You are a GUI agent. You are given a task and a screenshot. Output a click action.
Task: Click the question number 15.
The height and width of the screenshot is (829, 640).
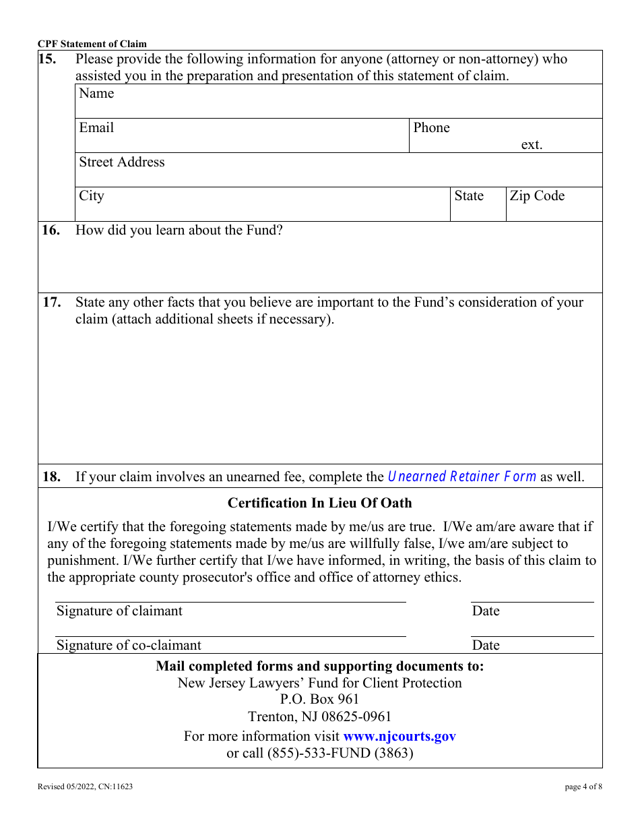(47, 59)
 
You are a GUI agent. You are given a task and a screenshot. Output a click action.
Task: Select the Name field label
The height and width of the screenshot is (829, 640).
(96, 94)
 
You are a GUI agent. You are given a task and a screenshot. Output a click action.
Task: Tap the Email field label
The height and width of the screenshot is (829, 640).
(96, 128)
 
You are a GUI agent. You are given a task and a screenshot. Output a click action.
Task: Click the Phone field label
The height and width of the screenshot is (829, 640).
(431, 128)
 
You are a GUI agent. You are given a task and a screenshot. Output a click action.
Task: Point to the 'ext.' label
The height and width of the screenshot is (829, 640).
(532, 145)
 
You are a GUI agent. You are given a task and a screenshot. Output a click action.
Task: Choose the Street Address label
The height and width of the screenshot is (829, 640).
(121, 162)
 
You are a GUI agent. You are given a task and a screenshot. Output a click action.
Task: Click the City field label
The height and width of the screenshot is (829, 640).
(92, 196)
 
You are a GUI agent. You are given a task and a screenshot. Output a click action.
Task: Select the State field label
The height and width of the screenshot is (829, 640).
(469, 196)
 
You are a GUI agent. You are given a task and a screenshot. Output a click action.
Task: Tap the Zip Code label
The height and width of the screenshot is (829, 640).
(537, 196)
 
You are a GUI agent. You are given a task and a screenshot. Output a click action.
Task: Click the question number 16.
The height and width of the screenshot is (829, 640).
(51, 231)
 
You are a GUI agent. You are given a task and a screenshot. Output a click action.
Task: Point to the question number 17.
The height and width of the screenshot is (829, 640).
(51, 303)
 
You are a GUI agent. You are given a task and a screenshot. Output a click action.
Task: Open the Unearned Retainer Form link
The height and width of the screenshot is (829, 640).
(462, 477)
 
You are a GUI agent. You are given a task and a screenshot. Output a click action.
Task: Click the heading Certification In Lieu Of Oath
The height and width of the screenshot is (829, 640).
(319, 503)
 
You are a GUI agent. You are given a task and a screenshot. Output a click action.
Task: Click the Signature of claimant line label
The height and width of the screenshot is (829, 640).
(119, 611)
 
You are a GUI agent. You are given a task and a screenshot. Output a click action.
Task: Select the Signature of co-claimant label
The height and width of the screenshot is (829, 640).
(129, 646)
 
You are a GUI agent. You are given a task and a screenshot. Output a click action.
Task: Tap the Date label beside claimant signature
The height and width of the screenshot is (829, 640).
(486, 611)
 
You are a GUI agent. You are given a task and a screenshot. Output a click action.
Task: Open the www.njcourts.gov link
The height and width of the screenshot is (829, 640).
(399, 737)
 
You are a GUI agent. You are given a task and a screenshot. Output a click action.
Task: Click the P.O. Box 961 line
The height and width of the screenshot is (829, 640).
(319, 700)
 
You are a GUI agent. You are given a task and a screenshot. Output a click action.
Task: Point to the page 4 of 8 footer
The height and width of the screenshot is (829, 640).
(583, 787)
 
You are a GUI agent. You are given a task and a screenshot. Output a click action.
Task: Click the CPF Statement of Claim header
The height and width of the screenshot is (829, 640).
(92, 44)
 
